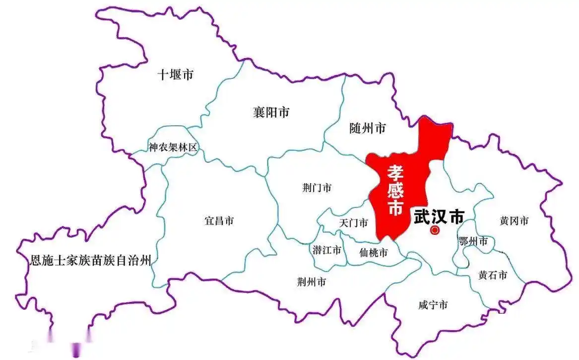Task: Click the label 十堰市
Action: tap(175, 75)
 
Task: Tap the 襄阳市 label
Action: tap(271, 112)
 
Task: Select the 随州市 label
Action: tap(368, 129)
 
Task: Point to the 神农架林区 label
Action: tap(173, 147)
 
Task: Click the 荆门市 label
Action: tap(317, 188)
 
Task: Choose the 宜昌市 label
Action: tap(219, 221)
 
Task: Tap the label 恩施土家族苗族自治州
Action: tap(90, 259)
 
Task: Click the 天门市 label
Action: tap(353, 223)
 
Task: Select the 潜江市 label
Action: tap(327, 250)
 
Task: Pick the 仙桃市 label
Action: tap(373, 253)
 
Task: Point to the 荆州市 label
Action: tap(312, 282)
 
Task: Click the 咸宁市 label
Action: tap(433, 305)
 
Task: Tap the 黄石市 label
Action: tap(493, 275)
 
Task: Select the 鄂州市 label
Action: tap(473, 242)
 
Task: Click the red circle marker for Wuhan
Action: tap(435, 230)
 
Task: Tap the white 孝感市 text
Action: tap(395, 190)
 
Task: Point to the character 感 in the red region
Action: tap(395, 190)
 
